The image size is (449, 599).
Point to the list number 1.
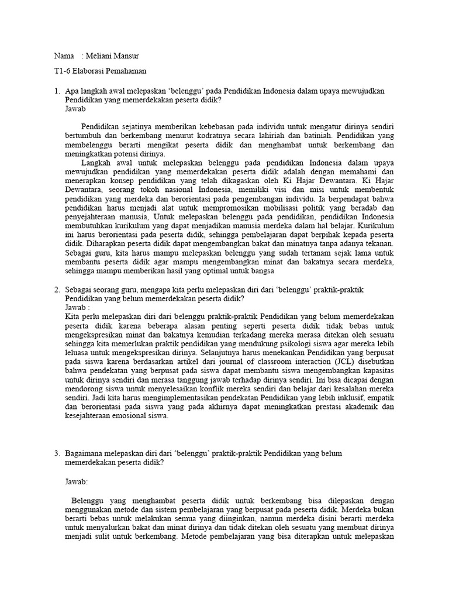click(56, 92)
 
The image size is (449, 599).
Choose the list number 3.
click(56, 453)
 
